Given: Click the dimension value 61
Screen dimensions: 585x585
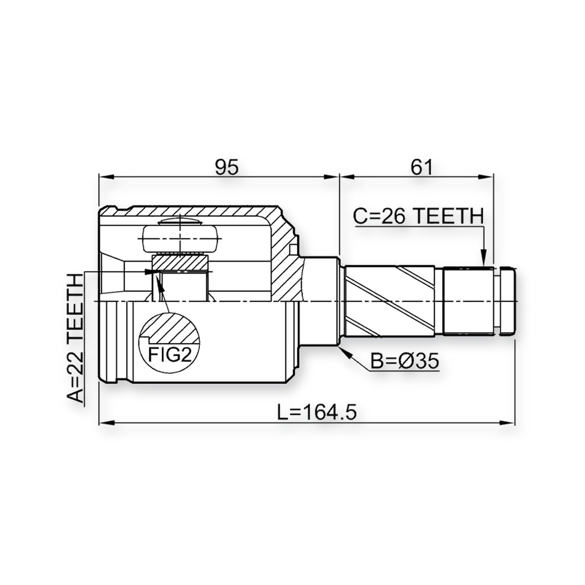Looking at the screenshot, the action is [422, 167].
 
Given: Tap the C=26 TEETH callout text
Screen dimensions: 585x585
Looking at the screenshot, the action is [418, 216].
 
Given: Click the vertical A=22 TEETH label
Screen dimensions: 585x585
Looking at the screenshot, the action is [75, 339].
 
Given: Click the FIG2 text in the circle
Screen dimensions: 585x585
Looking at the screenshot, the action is [170, 354].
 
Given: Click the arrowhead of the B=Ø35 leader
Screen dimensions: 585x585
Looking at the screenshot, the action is [345, 351].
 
